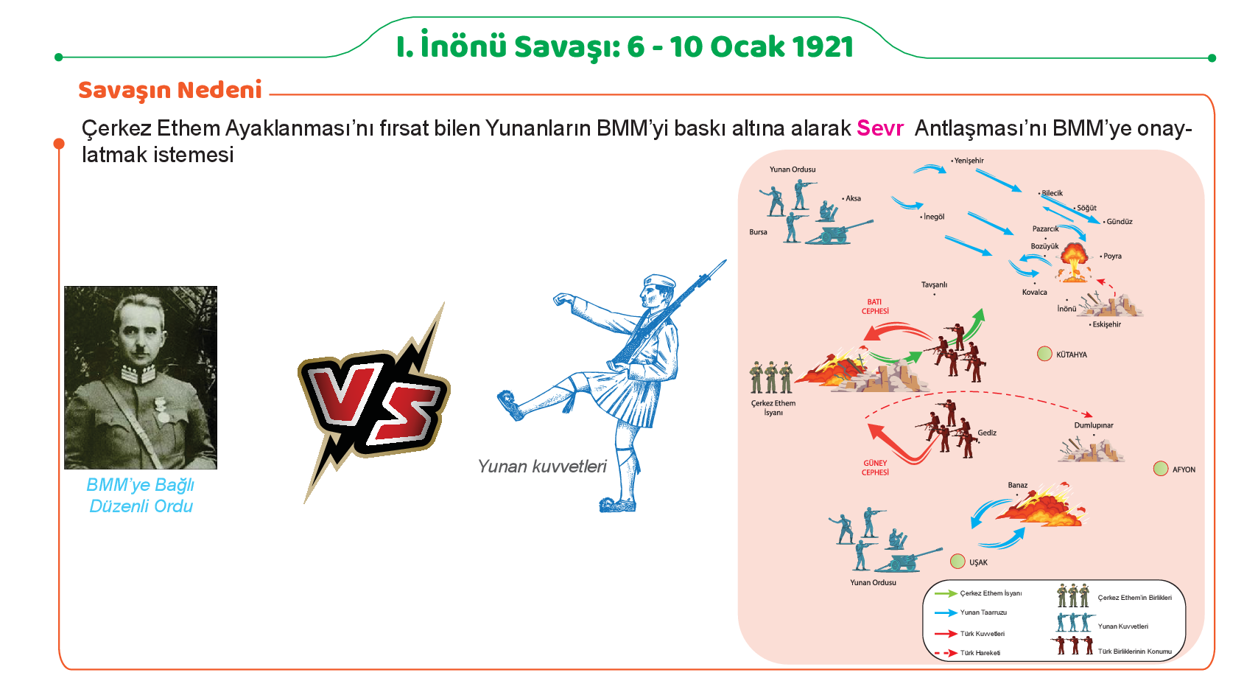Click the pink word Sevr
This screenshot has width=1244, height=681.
pos(880,128)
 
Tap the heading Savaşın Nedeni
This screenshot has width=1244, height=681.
pos(170,90)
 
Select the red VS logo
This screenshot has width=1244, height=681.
pos(374,403)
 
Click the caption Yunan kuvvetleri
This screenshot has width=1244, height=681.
pos(542,466)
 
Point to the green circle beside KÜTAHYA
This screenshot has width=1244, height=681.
pos(1044,354)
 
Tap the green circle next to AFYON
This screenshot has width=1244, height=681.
pos(1161,469)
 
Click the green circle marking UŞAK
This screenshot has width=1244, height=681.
pos(957,562)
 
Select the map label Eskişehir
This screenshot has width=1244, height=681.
pos(1106,324)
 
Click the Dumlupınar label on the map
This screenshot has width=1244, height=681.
pos(1094,425)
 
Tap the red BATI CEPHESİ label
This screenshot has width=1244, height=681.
pos(875,307)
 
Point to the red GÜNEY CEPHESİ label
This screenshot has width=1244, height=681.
pos(875,467)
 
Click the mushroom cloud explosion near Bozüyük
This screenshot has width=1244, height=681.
pos(1075,262)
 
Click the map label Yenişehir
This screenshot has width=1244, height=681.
pos(969,161)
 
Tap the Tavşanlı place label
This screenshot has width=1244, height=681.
pos(934,284)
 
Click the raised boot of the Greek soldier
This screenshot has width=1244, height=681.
pos(510,404)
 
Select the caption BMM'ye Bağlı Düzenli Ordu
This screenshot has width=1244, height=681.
pos(141,495)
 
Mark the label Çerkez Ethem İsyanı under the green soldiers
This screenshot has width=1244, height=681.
pos(773,408)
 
